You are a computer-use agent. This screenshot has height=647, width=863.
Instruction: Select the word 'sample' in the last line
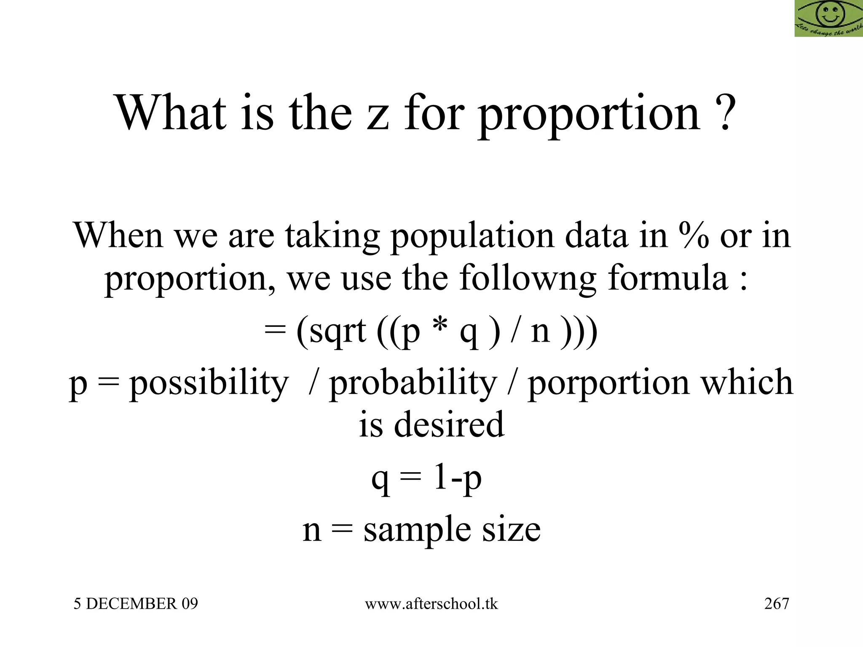click(x=417, y=530)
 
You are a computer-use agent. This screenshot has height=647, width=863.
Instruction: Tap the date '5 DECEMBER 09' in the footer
click(x=136, y=604)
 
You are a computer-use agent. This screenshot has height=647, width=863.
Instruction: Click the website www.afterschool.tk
click(x=431, y=604)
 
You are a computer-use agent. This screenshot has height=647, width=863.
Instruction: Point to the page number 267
click(x=777, y=604)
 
